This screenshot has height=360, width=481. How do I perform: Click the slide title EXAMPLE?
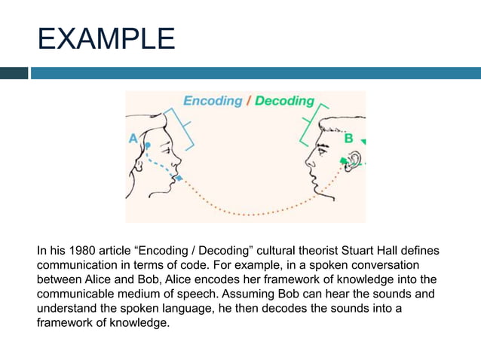[106, 38]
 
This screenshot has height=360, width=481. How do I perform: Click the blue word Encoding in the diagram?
[213, 100]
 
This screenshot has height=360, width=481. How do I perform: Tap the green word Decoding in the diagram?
[284, 100]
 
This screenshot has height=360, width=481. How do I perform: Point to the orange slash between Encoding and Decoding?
[249, 100]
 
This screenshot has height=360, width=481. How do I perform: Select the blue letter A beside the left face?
[133, 138]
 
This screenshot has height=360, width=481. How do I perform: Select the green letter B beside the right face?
[348, 139]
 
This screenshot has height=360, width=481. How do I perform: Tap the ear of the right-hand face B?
[353, 160]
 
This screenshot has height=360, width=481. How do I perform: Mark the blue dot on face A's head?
[149, 144]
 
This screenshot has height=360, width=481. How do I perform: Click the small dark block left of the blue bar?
[14, 73]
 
